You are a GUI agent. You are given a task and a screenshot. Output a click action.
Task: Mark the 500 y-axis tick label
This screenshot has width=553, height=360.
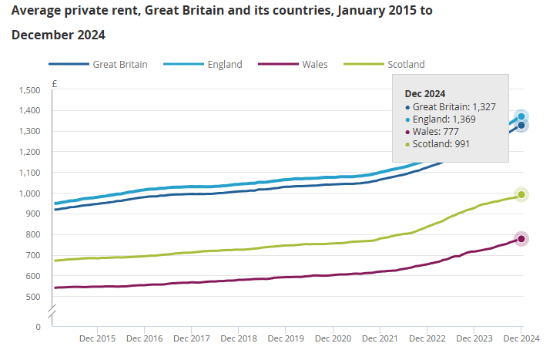pos(32,297)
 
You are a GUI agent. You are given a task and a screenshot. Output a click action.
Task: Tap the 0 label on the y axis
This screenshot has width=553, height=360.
pos(38,327)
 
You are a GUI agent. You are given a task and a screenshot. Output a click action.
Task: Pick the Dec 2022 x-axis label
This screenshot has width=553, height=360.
pos(427,338)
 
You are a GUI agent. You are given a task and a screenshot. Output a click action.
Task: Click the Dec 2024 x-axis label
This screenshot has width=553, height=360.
pos(521,338)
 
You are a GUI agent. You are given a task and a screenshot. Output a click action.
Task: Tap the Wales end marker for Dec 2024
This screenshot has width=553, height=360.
pos(521,239)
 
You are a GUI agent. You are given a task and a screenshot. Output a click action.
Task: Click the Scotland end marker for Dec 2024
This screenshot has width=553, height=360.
pos(521,195)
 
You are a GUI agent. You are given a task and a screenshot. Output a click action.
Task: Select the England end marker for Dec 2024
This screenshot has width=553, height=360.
pos(521,116)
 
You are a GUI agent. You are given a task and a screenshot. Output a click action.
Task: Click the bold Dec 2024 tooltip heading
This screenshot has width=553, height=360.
pos(425,93)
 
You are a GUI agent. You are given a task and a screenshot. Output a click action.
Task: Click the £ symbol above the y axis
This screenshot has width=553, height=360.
pos(54,83)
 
